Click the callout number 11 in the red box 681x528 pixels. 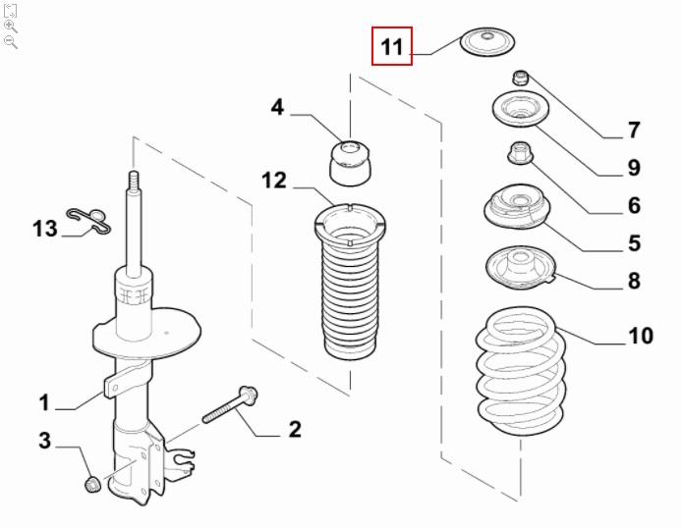392,46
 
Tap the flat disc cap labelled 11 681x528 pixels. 487,41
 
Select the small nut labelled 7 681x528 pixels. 520,78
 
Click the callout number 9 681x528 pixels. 634,168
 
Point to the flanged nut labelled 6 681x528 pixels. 520,154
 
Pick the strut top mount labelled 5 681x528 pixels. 517,206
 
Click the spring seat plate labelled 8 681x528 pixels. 521,268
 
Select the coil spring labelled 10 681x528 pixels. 521,371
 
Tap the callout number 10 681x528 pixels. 641,336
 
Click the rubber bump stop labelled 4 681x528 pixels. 351,163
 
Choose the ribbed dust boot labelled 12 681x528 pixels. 350,281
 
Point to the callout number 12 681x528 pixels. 274,181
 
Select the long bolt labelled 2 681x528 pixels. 230,404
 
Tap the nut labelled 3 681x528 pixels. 92,484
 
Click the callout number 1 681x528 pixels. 44,402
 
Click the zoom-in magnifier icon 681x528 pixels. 11,26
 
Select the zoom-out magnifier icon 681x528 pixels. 11,42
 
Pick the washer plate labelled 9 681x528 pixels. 520,109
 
